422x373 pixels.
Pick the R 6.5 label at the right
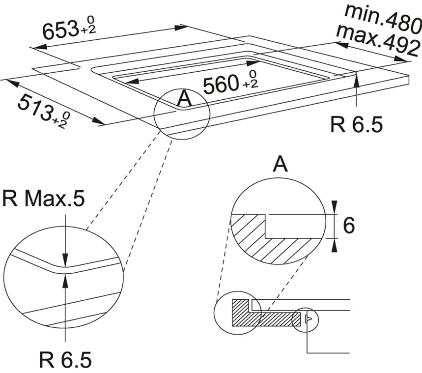[356, 125]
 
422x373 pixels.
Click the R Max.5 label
[43, 200]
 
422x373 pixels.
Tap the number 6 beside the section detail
[348, 226]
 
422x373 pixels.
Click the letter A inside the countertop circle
[183, 99]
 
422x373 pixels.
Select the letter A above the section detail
[280, 164]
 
